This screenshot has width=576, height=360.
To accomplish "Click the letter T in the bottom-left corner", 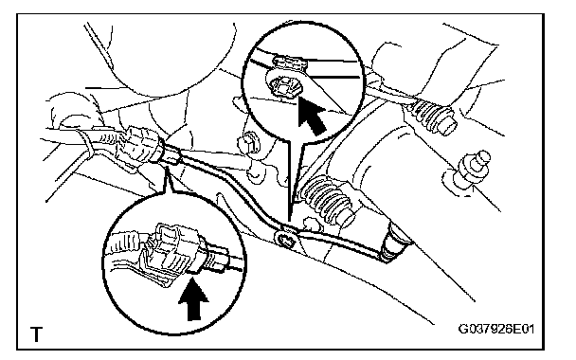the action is tap(36, 333).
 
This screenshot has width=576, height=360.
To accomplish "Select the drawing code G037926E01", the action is tap(495, 329).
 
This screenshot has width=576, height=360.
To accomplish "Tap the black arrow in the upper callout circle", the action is tap(312, 115).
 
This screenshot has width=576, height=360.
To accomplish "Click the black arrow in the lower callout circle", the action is tap(193, 298).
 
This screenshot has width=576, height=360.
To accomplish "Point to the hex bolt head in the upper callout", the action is tap(283, 87).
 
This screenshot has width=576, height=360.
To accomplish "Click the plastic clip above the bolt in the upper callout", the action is tap(290, 63).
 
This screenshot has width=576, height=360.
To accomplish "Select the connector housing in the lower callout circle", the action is tap(169, 255).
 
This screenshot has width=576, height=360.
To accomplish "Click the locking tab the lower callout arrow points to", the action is tap(193, 271).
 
